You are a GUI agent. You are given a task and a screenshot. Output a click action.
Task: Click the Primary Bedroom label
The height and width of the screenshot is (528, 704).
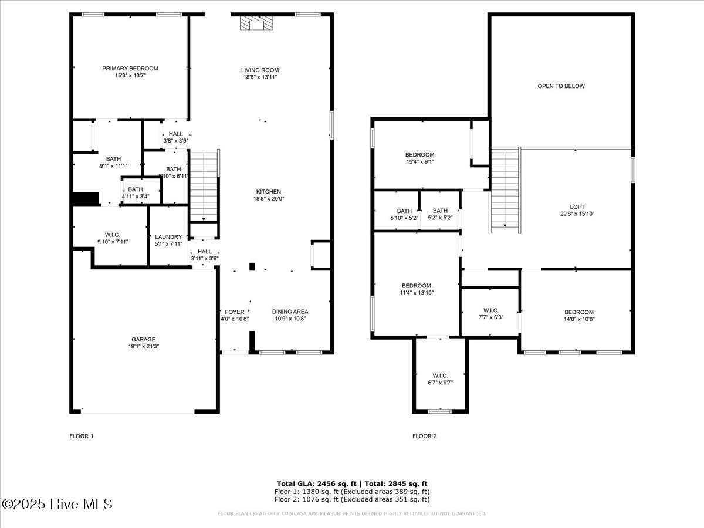click(x=130, y=69)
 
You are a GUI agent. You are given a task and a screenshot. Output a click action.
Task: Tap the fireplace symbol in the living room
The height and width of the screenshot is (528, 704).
click(x=257, y=23)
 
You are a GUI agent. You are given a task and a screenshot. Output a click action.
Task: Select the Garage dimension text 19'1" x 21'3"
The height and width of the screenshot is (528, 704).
click(x=143, y=347)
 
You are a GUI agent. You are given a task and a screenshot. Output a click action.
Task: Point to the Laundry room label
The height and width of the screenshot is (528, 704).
click(x=168, y=237)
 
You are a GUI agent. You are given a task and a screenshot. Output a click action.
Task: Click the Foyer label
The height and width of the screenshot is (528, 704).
click(x=235, y=312)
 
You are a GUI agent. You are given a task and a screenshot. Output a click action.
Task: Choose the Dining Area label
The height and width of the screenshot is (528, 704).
click(x=290, y=312)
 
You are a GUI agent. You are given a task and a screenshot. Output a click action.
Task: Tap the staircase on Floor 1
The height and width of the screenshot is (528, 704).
click(x=204, y=185)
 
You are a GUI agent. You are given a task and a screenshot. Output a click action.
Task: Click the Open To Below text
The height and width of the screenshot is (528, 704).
click(x=561, y=86)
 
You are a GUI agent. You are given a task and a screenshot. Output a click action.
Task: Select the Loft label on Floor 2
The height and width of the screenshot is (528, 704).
click(x=577, y=207)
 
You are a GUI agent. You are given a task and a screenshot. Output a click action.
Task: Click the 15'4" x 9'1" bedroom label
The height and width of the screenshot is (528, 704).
click(x=420, y=155)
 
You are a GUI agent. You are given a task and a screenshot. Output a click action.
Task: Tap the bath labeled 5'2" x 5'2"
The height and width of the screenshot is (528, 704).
click(x=440, y=211)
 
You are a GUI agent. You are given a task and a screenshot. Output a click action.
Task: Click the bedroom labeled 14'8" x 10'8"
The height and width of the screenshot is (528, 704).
click(x=578, y=312)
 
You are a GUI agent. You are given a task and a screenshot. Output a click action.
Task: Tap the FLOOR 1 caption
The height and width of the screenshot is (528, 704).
click(x=82, y=436)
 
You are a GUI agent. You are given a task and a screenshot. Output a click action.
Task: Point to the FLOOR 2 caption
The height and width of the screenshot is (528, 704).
click(x=425, y=436)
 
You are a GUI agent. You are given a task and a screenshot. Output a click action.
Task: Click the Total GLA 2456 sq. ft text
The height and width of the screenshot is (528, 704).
click(x=310, y=483)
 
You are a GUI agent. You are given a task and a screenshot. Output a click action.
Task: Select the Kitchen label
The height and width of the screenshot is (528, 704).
click(x=268, y=192)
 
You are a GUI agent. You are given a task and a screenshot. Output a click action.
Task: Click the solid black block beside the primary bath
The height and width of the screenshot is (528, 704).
click(x=84, y=199)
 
